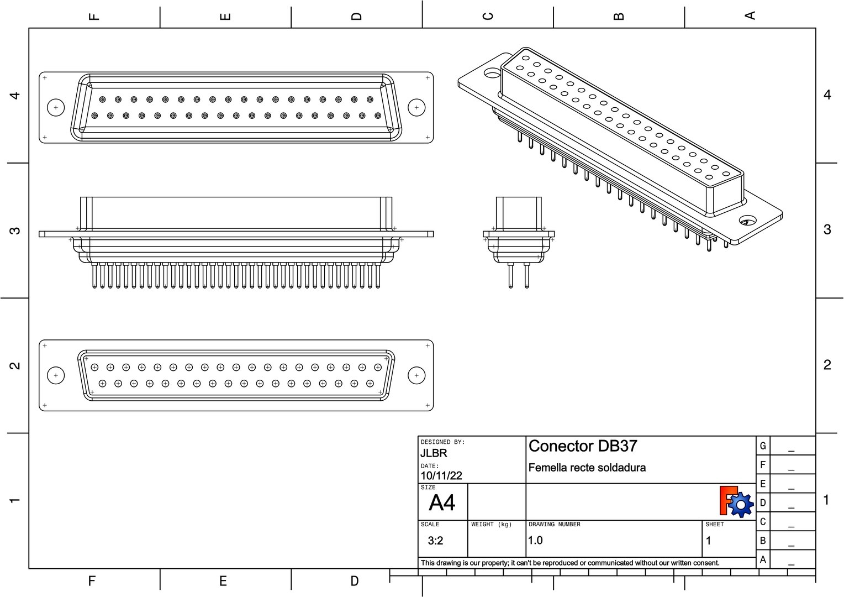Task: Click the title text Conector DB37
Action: [x=583, y=446]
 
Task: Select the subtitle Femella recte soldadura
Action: [x=587, y=468]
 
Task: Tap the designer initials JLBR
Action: [x=434, y=453]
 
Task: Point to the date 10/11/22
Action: [x=441, y=476]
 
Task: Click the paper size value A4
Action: [x=442, y=503]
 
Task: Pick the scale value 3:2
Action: [x=435, y=541]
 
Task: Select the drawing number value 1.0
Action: [x=535, y=541]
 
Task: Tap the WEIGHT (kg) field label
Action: [x=491, y=525]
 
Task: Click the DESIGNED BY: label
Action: [x=442, y=442]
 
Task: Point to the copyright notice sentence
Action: [x=570, y=563]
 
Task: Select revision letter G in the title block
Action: [x=763, y=446]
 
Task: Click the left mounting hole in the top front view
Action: [x=56, y=108]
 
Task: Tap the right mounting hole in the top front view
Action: [x=416, y=108]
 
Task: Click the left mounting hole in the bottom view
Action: [x=56, y=376]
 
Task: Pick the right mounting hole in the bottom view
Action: [x=416, y=376]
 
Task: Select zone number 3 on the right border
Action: [x=827, y=229]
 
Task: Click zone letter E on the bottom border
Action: [x=223, y=581]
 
